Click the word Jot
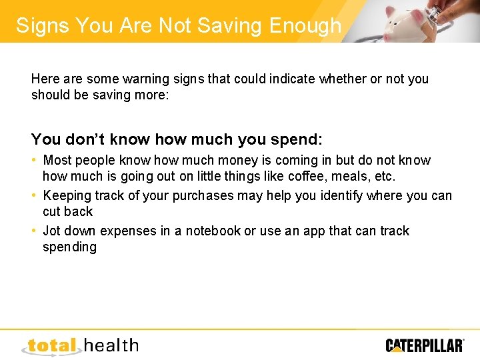tap(52, 231)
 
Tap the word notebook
tap(213, 231)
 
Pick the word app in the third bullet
tap(315, 231)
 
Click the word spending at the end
tap(69, 247)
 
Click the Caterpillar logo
tap(425, 345)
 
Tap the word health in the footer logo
tap(112, 345)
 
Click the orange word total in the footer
tap(53, 346)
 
